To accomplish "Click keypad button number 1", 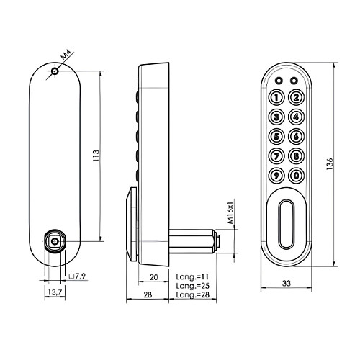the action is pos(276,98).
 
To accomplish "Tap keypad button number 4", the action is pos(296,117).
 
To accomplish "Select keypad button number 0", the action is pos(296,176).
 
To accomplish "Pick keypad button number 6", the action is pos(296,137).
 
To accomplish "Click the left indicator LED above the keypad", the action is pos(279,81).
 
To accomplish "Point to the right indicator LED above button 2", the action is pos(294,81).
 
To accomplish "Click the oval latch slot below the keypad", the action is pos(287,224).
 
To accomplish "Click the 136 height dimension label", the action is pos(330,164).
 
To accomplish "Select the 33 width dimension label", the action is pos(287,284).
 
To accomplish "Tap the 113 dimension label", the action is pos(96,156).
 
